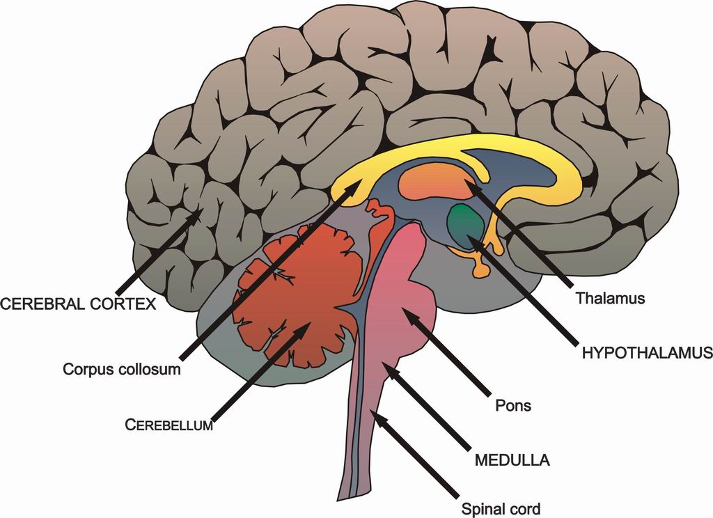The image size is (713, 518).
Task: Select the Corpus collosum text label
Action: coord(122,369)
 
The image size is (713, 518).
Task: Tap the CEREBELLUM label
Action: coord(169,425)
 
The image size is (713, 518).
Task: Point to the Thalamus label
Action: coord(611,299)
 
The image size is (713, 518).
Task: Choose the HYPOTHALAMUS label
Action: coord(646,353)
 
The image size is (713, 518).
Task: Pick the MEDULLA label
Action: coord(512,460)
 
